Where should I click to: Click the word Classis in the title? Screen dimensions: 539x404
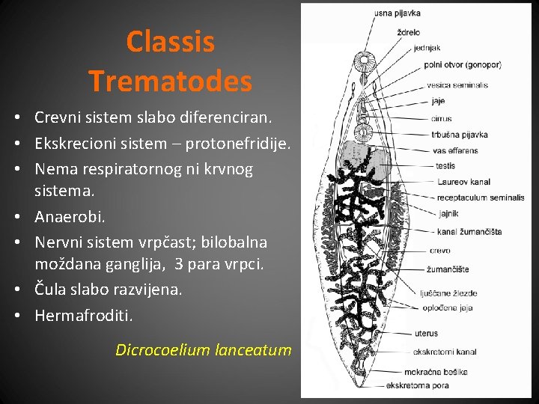click(170, 42)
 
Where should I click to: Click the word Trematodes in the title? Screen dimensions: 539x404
click(170, 81)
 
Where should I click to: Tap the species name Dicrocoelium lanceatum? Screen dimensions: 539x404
click(203, 349)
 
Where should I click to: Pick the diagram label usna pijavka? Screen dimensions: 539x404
click(398, 13)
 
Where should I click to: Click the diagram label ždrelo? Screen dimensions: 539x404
click(408, 32)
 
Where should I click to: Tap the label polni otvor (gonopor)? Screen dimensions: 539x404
click(462, 65)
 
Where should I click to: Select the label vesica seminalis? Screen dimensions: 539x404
click(457, 85)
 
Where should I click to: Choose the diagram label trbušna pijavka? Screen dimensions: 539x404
click(460, 135)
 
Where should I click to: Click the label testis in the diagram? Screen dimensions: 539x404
click(445, 166)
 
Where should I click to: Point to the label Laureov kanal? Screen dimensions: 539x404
click(463, 182)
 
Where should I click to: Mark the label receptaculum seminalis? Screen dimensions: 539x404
click(481, 198)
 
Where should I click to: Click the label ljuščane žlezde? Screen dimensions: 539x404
click(451, 293)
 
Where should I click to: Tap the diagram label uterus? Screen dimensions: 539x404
click(425, 333)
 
